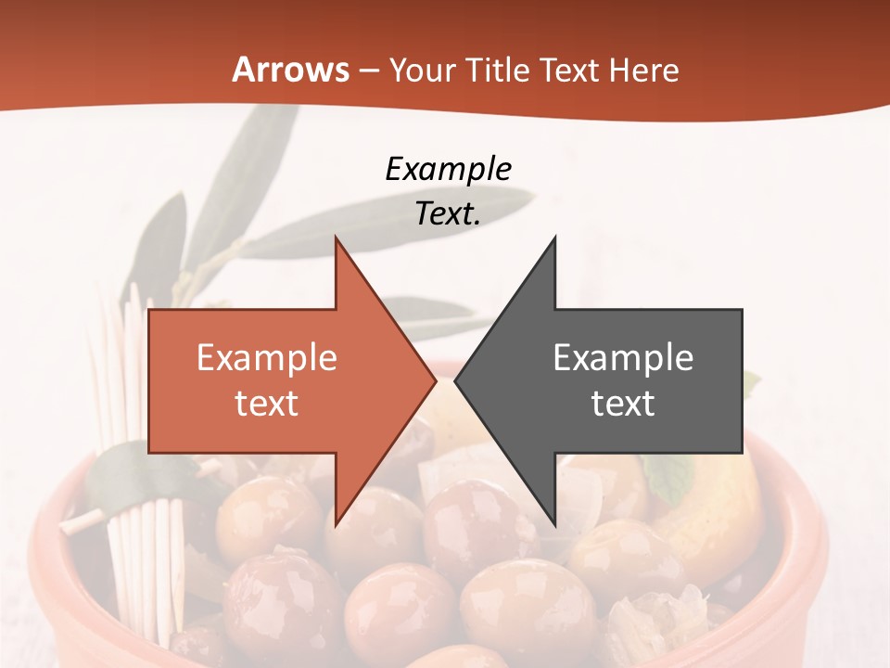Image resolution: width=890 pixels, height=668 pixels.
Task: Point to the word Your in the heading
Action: click(x=422, y=70)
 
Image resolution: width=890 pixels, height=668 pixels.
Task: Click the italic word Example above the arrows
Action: click(x=448, y=169)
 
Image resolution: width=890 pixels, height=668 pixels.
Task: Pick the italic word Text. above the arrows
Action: click(x=448, y=213)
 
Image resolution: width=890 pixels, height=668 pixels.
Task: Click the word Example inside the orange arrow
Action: click(x=267, y=357)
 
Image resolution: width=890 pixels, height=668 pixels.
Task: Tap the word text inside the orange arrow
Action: click(x=267, y=403)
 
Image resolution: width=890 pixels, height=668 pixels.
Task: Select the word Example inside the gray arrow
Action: click(x=623, y=357)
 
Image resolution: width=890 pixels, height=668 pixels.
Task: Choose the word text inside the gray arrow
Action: click(x=623, y=403)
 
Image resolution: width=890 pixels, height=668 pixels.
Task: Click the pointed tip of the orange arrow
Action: click(x=436, y=380)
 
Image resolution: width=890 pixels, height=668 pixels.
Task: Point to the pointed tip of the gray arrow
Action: click(x=455, y=380)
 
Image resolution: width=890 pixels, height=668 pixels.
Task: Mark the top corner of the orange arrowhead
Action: click(x=336, y=238)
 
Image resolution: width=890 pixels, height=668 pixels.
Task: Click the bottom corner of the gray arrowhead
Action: click(x=555, y=525)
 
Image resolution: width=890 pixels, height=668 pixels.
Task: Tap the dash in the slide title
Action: click(x=368, y=71)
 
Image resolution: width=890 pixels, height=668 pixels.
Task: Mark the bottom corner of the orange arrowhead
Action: click(x=336, y=525)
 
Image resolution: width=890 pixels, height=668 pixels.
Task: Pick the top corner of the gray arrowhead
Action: click(x=555, y=238)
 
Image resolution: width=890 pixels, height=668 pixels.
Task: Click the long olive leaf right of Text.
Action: click(x=519, y=199)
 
